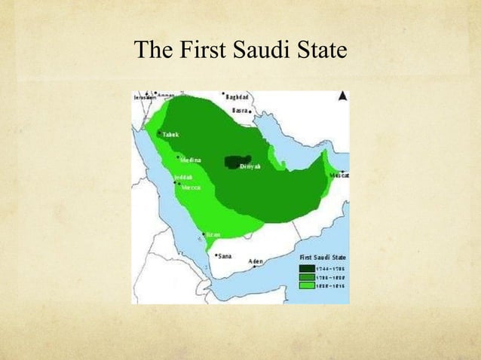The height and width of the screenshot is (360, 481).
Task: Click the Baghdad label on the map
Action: tap(240, 98)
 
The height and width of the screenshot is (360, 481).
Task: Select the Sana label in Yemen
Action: tap(224, 256)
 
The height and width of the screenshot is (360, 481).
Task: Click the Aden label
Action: tap(256, 262)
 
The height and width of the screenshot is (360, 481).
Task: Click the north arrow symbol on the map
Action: tap(342, 96)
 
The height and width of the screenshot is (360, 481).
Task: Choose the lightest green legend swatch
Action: tap(307, 287)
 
